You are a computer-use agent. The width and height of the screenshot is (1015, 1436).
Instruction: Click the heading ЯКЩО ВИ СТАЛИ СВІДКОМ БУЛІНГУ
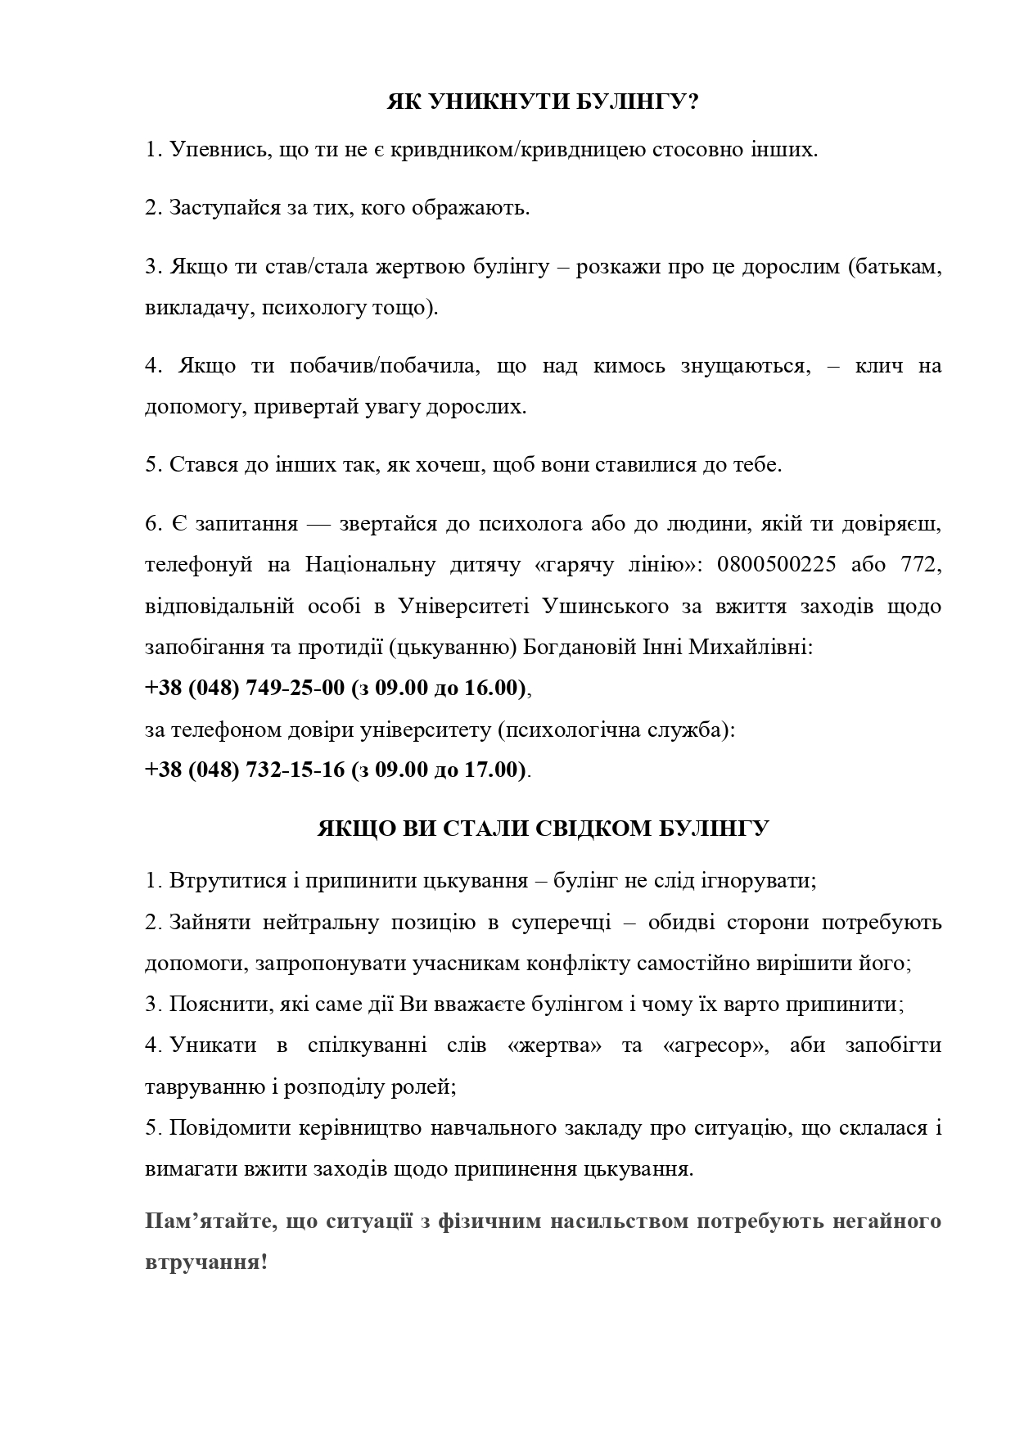click(543, 829)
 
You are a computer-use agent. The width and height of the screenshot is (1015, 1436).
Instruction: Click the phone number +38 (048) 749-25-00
click(245, 688)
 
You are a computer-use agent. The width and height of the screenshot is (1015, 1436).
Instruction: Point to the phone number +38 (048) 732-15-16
click(245, 770)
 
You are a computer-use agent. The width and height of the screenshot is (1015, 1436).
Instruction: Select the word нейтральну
click(316, 923)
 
